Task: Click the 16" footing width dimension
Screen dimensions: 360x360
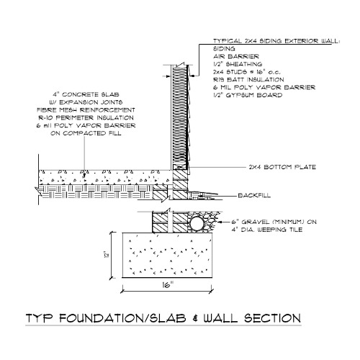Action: pyautogui.click(x=168, y=285)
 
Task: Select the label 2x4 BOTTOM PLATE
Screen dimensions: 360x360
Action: pyautogui.click(x=282, y=167)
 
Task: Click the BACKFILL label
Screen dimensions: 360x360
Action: pyautogui.click(x=254, y=195)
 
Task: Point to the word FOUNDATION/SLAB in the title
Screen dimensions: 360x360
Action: pyautogui.click(x=122, y=318)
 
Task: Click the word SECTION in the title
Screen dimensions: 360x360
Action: pyautogui.click(x=272, y=318)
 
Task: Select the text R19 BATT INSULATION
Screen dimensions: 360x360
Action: pyautogui.click(x=248, y=79)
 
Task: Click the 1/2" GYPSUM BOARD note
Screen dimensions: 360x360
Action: pyautogui.click(x=248, y=95)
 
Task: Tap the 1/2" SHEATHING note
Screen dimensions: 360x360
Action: pyautogui.click(x=238, y=64)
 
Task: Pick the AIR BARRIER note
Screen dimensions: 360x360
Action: pyautogui.click(x=236, y=56)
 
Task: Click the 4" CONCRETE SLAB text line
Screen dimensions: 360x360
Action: pyautogui.click(x=86, y=94)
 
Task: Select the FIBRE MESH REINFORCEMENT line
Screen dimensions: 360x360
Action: pyautogui.click(x=86, y=110)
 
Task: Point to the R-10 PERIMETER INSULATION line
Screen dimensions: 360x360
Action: pyautogui.click(x=86, y=118)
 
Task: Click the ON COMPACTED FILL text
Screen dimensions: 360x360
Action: pyautogui.click(x=86, y=133)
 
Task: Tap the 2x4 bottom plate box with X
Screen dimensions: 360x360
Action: pyautogui.click(x=180, y=167)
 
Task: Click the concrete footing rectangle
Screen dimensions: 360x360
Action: pyautogui.click(x=167, y=255)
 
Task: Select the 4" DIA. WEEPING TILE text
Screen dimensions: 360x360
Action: pyautogui.click(x=267, y=230)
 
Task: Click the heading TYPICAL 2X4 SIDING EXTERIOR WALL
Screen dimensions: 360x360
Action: pyautogui.click(x=276, y=41)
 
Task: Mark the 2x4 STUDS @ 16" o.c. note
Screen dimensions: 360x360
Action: pyautogui.click(x=247, y=72)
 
